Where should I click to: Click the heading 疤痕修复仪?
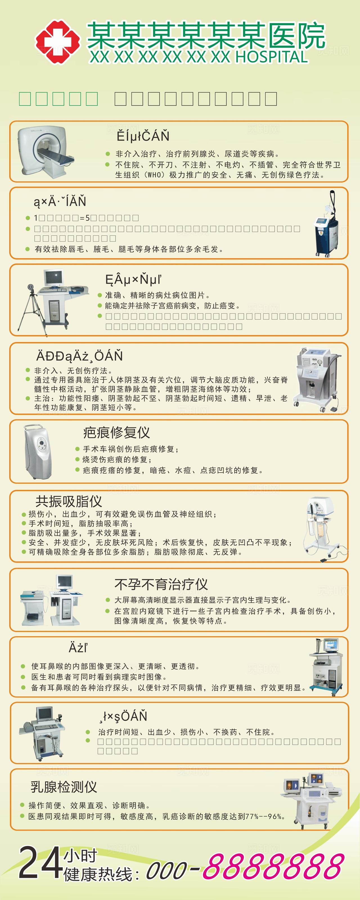(x=116, y=433)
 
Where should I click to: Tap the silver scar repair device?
(x=38, y=451)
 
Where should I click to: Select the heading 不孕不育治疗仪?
(x=161, y=584)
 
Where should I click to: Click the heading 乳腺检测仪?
(x=64, y=787)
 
